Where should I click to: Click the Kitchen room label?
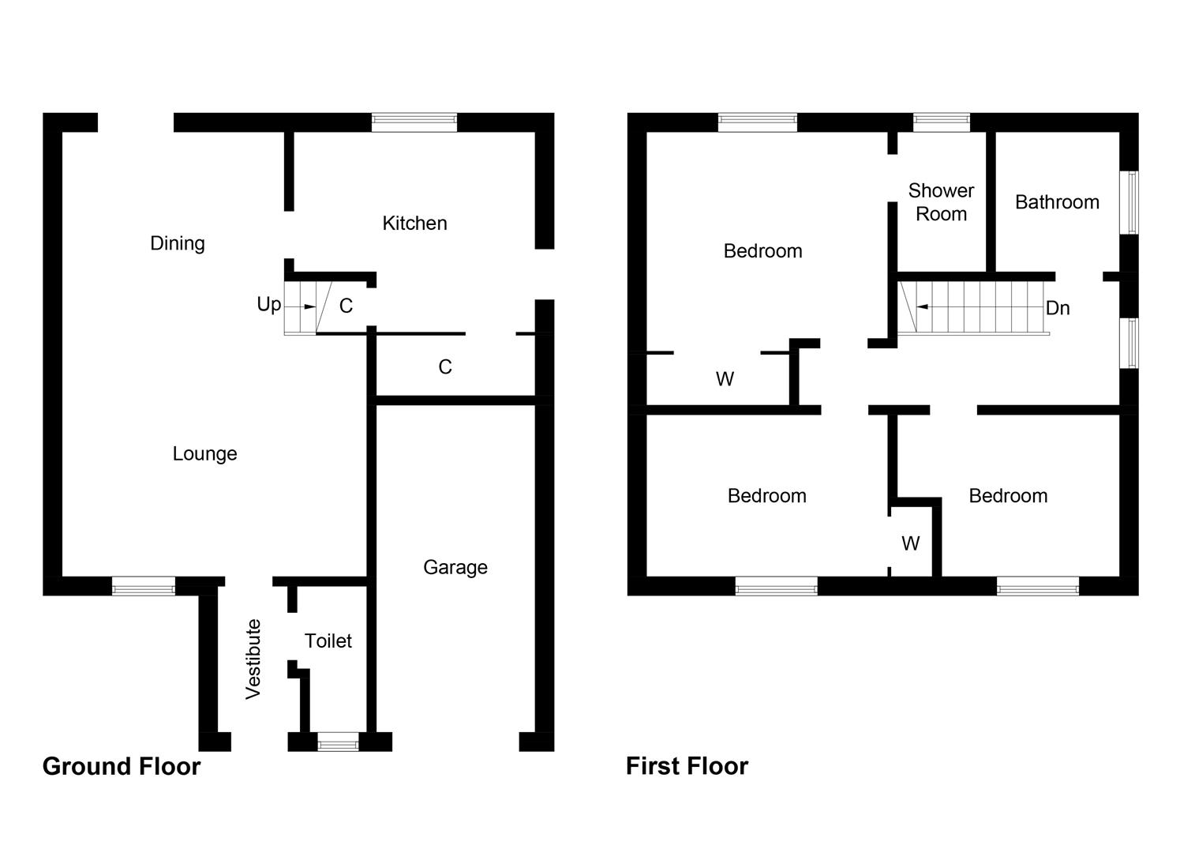pos(414,224)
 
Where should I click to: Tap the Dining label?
pos(178,243)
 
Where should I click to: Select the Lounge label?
pos(204,454)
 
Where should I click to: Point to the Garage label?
pos(455,567)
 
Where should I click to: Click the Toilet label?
pos(328,641)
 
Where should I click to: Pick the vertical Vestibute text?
pos(253,659)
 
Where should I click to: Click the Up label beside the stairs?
pos(268,305)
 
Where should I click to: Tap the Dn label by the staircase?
pos(1058,308)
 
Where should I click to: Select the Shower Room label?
pos(941,202)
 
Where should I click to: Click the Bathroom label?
pos(1057,202)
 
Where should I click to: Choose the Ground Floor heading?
pos(122,766)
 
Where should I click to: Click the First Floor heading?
pos(687,766)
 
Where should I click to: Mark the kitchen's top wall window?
pos(414,122)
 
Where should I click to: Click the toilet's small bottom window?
pos(338,742)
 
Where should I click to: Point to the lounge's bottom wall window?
pos(144,586)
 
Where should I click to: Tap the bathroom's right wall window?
pos(1130,202)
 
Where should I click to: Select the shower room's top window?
pos(942,122)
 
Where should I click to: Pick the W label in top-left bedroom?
pos(725,380)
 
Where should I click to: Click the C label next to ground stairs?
pos(346,306)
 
